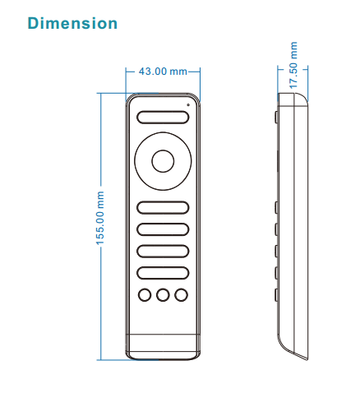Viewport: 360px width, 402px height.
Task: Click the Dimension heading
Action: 72,23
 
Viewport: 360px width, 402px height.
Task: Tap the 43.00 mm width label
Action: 163,72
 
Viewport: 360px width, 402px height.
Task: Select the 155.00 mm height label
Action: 100,218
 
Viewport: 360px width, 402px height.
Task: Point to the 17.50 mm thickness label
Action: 293,65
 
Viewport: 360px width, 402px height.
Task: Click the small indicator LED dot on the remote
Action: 188,104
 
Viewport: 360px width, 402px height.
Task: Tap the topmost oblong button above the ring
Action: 163,118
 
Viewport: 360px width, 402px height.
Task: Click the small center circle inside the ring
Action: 163,161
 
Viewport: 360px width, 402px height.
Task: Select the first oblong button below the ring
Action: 163,207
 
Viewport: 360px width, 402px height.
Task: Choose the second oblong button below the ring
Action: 163,229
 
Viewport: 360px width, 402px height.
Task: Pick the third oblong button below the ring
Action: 163,252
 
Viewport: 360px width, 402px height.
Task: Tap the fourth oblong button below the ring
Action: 163,273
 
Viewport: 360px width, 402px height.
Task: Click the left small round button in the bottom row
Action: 145,295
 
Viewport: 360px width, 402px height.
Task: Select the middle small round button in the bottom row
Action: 163,295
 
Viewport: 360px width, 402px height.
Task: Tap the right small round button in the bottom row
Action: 182,295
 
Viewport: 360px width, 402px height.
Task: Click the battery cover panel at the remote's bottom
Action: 163,347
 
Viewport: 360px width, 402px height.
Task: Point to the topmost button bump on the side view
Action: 276,117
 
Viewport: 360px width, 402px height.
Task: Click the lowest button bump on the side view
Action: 276,295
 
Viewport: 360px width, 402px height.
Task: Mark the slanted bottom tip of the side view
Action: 307,359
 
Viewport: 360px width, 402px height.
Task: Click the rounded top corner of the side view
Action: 302,97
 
